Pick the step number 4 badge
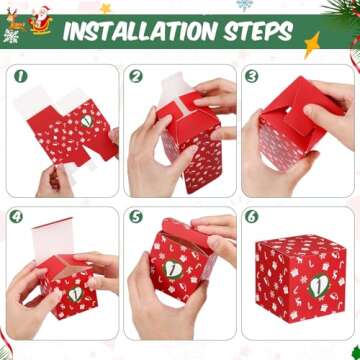pyautogui.click(x=17, y=215)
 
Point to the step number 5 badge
pyautogui.click(x=136, y=215)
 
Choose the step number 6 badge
pyautogui.click(x=252, y=215)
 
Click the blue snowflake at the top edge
pyautogui.click(x=245, y=5)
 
